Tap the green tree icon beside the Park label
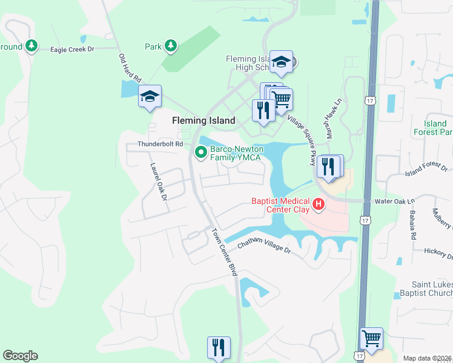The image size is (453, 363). coord(171,46)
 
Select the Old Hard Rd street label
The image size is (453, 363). coord(130,67)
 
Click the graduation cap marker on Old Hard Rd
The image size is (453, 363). coord(150,96)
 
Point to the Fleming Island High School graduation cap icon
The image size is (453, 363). coord(281,62)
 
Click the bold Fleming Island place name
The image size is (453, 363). coord(203,120)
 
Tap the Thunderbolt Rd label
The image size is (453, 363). coord(160,144)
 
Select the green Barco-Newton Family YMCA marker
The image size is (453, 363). coord(200,152)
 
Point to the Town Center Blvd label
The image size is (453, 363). coord(224,252)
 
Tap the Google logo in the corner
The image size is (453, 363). coord(20,356)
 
